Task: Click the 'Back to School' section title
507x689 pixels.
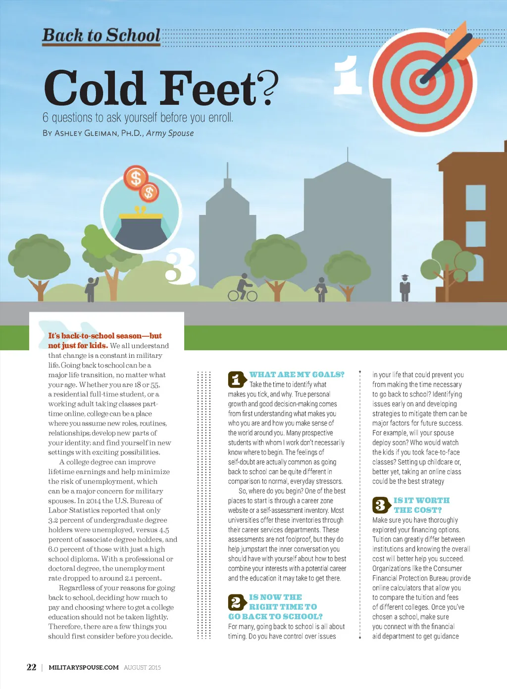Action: point(101,36)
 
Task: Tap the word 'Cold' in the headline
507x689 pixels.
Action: point(94,88)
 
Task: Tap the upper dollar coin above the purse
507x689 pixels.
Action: point(136,178)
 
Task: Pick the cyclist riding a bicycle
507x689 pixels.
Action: point(243,289)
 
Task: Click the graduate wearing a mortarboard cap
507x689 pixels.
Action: point(405,288)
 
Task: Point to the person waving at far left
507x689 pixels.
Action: point(91,289)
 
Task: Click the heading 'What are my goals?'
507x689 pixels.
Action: point(297,375)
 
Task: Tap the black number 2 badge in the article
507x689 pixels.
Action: point(236,602)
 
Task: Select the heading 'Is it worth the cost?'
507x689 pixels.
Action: point(421,505)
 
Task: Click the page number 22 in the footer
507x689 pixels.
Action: point(31,667)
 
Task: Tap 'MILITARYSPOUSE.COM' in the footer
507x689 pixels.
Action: point(84,667)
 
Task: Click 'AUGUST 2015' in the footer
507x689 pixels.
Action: point(142,668)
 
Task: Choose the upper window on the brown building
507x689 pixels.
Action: point(476,197)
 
